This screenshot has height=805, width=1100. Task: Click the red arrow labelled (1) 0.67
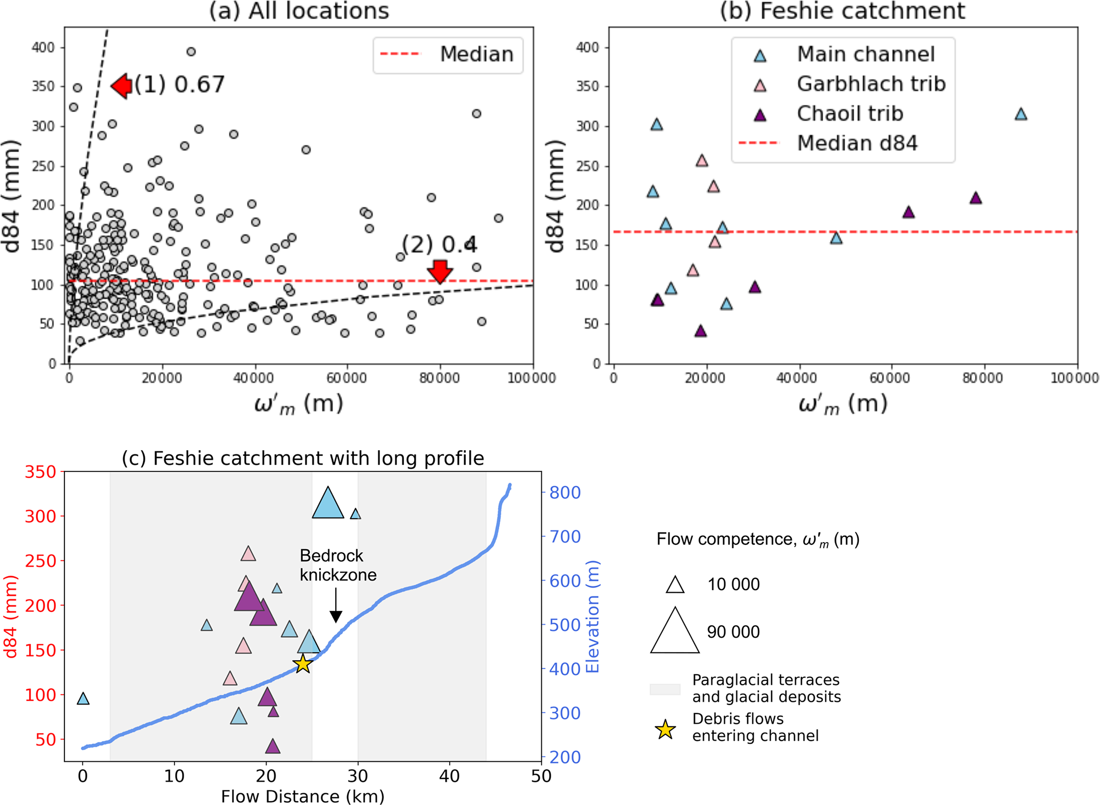coord(122,86)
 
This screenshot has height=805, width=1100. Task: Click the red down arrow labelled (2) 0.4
coord(440,271)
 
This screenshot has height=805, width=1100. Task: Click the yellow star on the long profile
coord(302,663)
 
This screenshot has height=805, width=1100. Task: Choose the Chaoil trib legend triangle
coord(760,114)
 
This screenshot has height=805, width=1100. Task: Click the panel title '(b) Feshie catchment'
coord(842,11)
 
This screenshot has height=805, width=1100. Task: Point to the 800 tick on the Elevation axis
coord(565,493)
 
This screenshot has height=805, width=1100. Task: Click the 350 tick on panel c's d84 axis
coord(40,472)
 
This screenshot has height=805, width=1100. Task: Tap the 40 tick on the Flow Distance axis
coord(450,776)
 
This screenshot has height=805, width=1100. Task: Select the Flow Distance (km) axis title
coord(302,796)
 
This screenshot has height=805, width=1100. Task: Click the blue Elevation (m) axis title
coord(592,617)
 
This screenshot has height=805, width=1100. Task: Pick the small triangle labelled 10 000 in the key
coord(675,585)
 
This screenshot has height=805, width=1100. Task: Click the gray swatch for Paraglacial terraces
coord(665,689)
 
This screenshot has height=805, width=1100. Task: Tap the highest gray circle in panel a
coord(191,52)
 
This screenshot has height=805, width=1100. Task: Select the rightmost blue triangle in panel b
coord(1020,114)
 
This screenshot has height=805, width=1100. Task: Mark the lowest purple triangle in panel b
coord(700,331)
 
